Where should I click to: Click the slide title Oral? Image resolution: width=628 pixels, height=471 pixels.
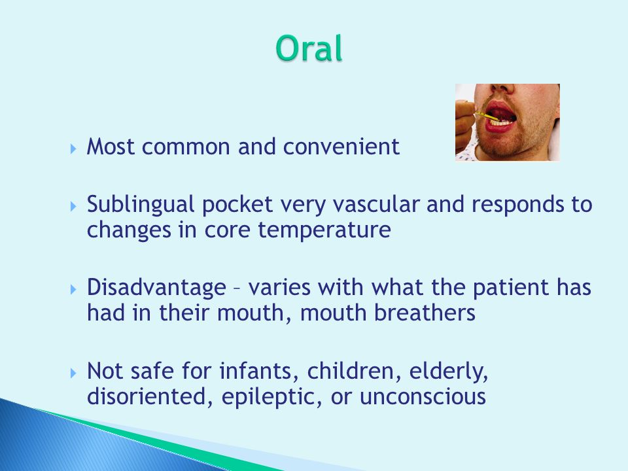pos(309,48)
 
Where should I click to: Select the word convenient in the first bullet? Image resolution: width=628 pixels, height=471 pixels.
pos(341,147)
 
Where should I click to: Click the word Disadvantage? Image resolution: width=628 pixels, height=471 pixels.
pos(156,288)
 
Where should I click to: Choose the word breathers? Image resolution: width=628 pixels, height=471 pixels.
pos(425,313)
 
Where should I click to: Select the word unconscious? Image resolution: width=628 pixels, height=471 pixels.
pos(423,397)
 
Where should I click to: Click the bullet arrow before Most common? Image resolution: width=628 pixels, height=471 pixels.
pos(73,149)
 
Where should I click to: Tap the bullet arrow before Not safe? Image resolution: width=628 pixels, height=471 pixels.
pos(73,374)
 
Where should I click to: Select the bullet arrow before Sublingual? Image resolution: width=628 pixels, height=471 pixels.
pos(73,207)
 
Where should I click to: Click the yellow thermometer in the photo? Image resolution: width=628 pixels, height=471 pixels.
pos(486,116)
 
